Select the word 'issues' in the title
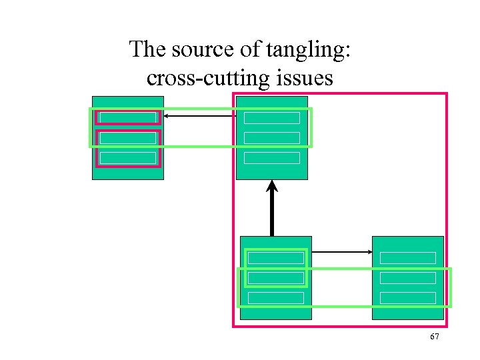coord(301,78)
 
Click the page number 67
coord(434,337)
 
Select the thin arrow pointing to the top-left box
coord(200,116)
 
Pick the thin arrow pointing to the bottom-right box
coord(342,252)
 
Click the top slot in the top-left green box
coord(127,118)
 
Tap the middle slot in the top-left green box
coord(127,138)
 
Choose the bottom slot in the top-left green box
coord(127,158)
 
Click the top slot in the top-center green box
coord(272,118)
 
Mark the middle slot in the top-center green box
coord(272,138)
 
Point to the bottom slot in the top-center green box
coord(272,158)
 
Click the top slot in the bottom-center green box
coord(275,258)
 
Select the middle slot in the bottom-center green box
coord(275,278)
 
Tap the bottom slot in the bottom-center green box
coord(275,298)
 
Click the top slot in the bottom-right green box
coord(407,258)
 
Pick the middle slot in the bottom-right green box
coord(407,278)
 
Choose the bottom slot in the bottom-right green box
coord(407,298)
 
